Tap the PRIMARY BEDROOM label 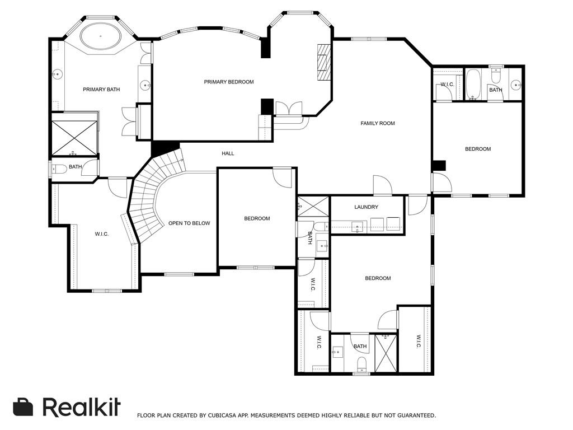click(x=229, y=82)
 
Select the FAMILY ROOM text click(x=378, y=123)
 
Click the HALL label click(x=228, y=153)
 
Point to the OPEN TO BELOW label click(x=189, y=223)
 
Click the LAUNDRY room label click(x=366, y=207)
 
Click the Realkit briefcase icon click(x=23, y=407)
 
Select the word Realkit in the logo click(x=82, y=406)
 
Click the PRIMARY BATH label click(x=101, y=89)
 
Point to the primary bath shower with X click(x=74, y=138)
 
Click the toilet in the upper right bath click(x=496, y=76)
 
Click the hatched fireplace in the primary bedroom click(x=324, y=62)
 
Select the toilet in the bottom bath click(x=361, y=364)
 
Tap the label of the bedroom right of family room click(x=478, y=149)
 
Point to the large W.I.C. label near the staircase click(x=102, y=234)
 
